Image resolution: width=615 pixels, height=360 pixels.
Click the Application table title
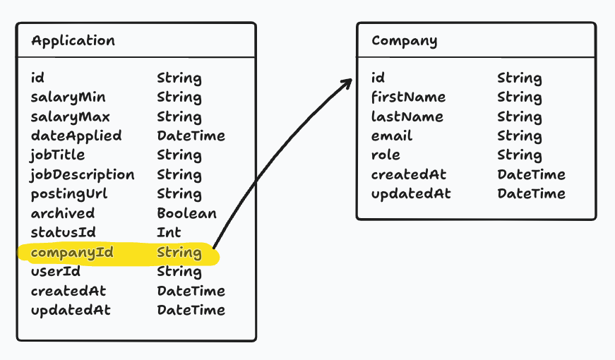73,40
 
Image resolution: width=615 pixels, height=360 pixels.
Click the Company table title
404,40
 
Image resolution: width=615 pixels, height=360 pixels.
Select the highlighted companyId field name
72,252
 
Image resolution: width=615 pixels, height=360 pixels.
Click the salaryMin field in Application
68,97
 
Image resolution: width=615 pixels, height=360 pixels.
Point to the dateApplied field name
76,136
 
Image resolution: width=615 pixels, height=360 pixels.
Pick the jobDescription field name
82,174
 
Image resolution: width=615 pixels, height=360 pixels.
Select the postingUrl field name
69,194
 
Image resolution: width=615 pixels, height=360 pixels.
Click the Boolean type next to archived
186,213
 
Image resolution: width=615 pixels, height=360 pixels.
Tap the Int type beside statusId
169,232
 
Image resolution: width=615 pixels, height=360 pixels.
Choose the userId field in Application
55,271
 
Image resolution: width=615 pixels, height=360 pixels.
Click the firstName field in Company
408,97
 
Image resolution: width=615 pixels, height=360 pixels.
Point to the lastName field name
407,116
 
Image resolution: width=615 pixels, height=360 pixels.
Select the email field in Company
392,136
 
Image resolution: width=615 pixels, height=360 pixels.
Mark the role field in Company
386,155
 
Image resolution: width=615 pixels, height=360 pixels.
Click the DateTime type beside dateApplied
191,136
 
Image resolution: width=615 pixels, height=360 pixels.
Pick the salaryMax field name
70,116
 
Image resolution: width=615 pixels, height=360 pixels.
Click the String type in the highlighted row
179,252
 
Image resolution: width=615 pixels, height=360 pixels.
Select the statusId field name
63,232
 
